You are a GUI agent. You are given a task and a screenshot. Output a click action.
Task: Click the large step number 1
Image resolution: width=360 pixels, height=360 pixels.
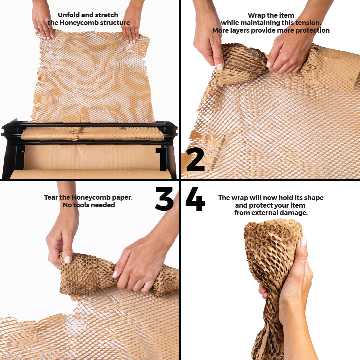click(x=162, y=159)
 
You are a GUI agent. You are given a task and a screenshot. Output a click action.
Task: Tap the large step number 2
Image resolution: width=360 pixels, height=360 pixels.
click(x=195, y=159)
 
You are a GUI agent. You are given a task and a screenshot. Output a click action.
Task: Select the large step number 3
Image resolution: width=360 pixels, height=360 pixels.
click(x=164, y=199)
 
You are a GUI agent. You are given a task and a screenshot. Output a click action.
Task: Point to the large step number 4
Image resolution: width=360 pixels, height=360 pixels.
click(x=195, y=199)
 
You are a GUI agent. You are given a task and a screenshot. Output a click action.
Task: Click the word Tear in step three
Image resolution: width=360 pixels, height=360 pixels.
click(x=51, y=197)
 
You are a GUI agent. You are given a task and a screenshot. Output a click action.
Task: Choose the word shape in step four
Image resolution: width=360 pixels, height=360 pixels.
click(x=314, y=198)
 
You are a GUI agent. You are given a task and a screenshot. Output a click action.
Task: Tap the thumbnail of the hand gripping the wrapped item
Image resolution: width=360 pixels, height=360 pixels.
click(x=303, y=241)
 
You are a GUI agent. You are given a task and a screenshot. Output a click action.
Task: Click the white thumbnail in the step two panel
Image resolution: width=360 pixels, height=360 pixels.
click(x=219, y=66)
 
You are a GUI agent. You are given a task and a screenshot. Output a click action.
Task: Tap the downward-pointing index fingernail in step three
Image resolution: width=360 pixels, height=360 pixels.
click(x=67, y=260)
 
